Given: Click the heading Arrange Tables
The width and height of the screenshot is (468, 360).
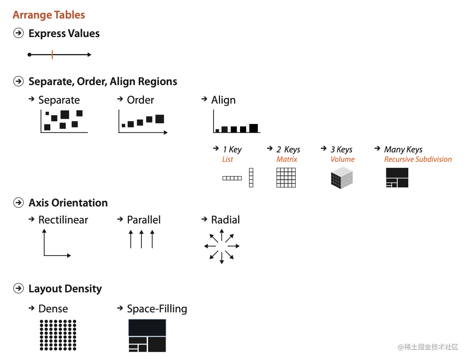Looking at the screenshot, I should [x=49, y=15].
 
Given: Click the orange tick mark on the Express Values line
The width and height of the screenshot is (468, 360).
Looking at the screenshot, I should [x=52, y=55].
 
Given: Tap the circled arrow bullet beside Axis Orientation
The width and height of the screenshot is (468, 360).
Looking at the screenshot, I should [x=18, y=203].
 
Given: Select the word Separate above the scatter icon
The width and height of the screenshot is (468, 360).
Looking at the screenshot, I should [x=59, y=100].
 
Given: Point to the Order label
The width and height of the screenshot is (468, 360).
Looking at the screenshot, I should [x=140, y=100].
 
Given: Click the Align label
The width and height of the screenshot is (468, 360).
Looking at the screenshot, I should [x=223, y=100].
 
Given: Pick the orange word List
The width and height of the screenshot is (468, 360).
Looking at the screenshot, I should [x=228, y=159].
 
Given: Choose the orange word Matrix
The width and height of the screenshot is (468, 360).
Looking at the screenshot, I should [x=287, y=159].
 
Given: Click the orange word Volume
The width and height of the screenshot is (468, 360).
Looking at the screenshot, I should [x=342, y=159].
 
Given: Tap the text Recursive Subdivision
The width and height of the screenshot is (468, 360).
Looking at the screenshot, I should [x=418, y=159].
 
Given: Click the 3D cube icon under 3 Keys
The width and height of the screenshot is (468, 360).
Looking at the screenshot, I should [x=342, y=178].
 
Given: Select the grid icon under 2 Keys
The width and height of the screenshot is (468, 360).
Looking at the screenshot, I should [x=286, y=178].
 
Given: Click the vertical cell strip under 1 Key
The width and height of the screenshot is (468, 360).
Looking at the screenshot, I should [x=251, y=177].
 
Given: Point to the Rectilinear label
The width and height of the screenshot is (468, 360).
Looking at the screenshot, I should [x=63, y=220].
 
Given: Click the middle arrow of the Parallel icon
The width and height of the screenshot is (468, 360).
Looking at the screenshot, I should [x=141, y=240].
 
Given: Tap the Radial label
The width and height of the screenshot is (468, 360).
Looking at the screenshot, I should [x=225, y=220].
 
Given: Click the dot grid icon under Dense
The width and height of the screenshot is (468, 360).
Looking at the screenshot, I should [x=58, y=335].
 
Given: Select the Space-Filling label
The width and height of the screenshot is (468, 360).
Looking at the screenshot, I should [x=157, y=309].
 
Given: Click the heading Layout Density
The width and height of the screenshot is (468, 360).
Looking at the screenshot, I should [x=65, y=289].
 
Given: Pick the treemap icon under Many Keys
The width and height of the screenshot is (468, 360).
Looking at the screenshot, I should [x=397, y=178].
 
